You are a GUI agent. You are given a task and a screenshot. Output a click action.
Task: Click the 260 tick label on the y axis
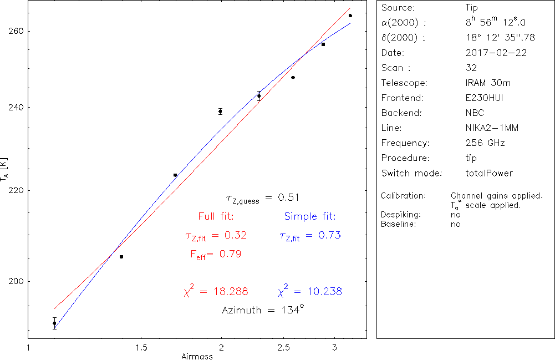tap(16, 31)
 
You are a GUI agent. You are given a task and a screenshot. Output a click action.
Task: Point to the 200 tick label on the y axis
tap(16, 281)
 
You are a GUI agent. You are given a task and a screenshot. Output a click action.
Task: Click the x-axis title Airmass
tap(197, 356)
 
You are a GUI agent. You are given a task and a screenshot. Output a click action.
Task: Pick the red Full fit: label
tap(216, 216)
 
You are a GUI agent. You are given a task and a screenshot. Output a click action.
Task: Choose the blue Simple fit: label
tap(310, 216)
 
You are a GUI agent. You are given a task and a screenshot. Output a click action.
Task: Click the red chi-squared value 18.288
tap(216, 291)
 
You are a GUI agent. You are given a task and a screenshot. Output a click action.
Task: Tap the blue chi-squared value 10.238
tap(309, 291)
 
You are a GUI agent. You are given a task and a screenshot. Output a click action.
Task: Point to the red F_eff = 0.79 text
tap(216, 254)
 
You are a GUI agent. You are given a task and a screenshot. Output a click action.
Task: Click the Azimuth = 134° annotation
tap(263, 310)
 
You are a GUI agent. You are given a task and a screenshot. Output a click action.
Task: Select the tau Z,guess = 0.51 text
tap(263, 198)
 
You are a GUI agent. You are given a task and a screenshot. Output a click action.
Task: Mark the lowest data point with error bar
tap(54, 323)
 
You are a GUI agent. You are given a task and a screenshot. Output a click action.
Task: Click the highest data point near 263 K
tap(350, 16)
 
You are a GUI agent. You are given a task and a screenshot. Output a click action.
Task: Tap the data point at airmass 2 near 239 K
tap(220, 111)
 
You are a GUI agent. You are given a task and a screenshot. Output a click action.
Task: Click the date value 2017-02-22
tap(496, 53)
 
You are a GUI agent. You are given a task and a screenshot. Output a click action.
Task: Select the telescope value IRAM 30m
tap(488, 83)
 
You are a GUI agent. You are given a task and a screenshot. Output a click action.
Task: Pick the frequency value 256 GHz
tap(485, 143)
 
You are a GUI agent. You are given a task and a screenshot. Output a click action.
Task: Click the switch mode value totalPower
tap(489, 173)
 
